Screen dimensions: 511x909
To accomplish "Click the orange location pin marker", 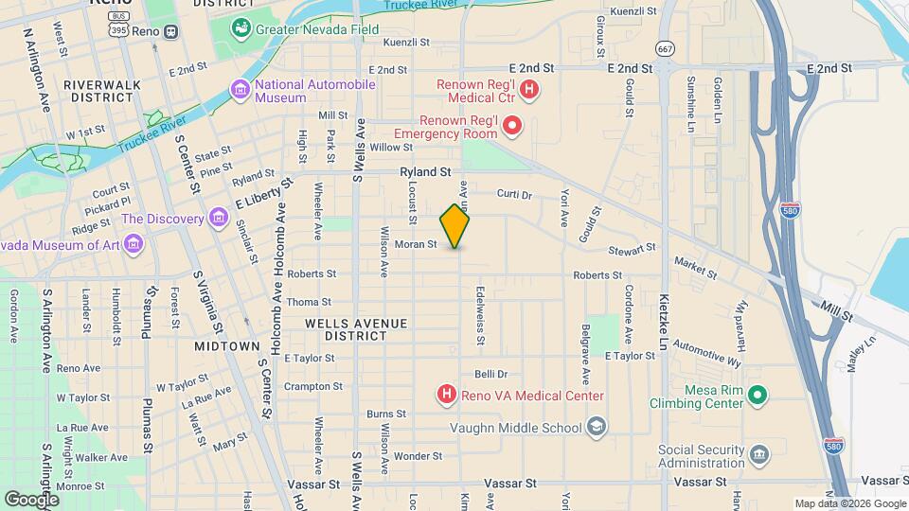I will tap(454, 226).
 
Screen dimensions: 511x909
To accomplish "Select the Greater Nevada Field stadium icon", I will tap(242, 29).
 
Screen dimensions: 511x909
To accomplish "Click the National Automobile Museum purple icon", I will tap(241, 91).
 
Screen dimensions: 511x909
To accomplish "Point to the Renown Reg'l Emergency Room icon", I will tap(512, 125).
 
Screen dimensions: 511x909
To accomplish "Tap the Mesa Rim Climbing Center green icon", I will tap(756, 395).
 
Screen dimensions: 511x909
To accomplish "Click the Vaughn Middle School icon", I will tap(595, 427).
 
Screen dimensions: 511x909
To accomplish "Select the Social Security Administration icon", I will tap(758, 455).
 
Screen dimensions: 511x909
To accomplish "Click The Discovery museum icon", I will tap(219, 219).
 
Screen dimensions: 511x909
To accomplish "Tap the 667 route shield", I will tap(666, 48).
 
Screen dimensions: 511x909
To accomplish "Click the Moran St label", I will tap(415, 244).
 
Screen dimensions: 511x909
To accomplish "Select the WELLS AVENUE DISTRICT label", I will tap(356, 329).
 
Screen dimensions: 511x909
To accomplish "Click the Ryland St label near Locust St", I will tap(423, 172).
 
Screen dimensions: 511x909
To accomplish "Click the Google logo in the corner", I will tap(31, 498).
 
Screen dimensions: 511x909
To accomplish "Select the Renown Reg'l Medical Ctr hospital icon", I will tap(529, 91).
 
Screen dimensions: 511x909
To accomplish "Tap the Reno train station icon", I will tap(170, 31).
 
